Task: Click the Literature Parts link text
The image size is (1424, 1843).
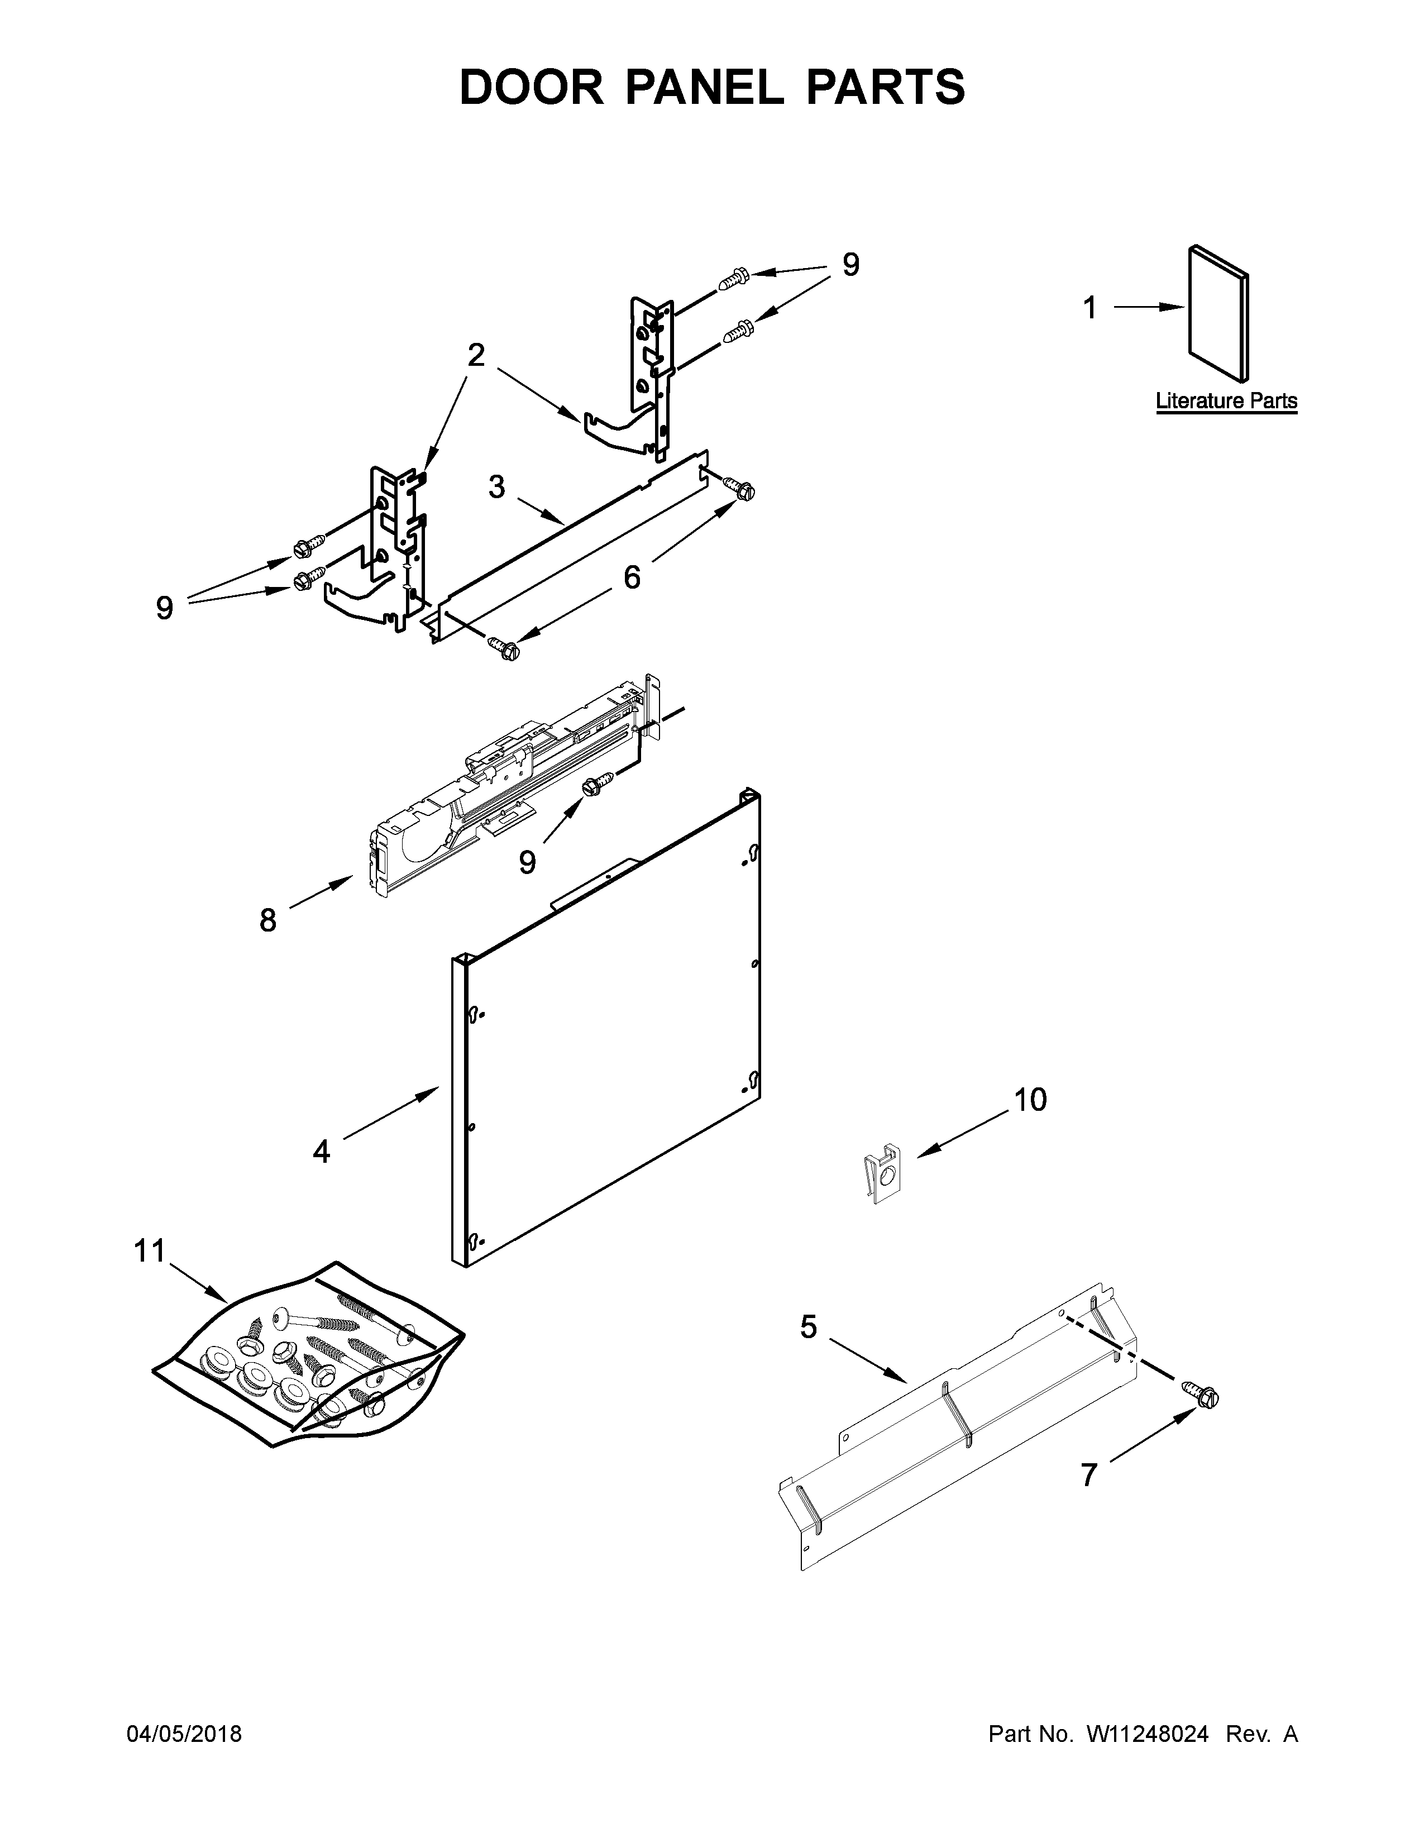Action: pos(1226,401)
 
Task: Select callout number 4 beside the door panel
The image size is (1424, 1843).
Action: pos(322,1151)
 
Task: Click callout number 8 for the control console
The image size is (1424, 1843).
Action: pos(267,920)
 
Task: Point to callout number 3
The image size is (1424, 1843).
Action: pos(497,487)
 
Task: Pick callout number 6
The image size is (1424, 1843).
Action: pos(631,577)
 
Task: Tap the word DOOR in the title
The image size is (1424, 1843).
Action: pos(532,87)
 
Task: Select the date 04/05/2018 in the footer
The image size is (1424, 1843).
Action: pos(184,1734)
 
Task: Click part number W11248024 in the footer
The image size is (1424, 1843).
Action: pos(1148,1734)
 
